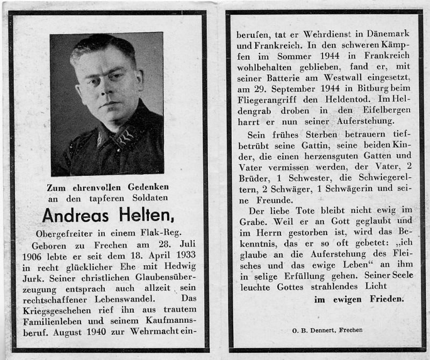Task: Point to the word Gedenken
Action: (142, 187)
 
